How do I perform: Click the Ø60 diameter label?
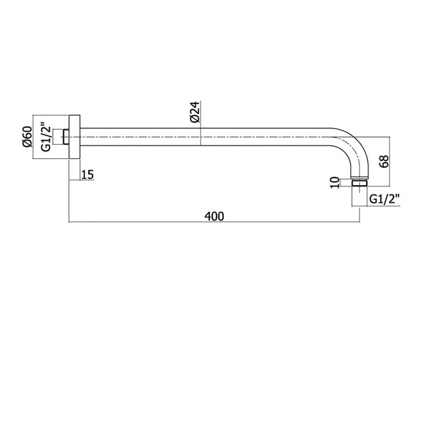(28, 136)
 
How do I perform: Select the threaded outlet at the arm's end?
(360, 182)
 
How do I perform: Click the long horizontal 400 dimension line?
(148, 222)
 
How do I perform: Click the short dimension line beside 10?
(344, 182)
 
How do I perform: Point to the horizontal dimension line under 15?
(81, 181)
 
